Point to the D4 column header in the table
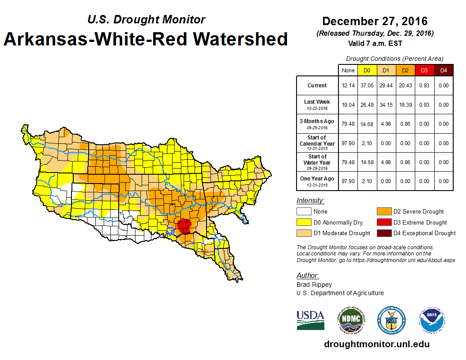pyautogui.click(x=443, y=70)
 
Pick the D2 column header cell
pyautogui.click(x=405, y=70)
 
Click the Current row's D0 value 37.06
pyautogui.click(x=367, y=86)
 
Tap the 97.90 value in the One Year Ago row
pyautogui.click(x=348, y=181)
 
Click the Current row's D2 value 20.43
pyautogui.click(x=405, y=86)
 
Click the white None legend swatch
pyautogui.click(x=303, y=212)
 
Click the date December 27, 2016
pyautogui.click(x=375, y=21)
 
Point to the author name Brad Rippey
pyautogui.click(x=314, y=285)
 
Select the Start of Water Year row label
pyautogui.click(x=317, y=162)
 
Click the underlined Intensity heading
pyautogui.click(x=310, y=201)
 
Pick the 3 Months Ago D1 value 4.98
pyautogui.click(x=386, y=124)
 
